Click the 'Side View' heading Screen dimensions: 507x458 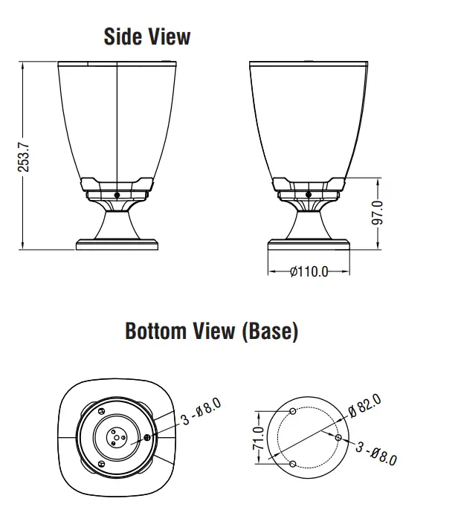point(146,36)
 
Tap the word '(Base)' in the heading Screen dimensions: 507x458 point(270,331)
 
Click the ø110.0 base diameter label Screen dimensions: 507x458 point(309,271)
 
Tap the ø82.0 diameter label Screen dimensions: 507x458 point(364,405)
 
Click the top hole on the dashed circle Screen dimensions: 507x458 point(293,411)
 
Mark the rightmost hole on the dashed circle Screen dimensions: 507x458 point(338,438)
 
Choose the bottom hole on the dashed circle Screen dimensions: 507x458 point(293,464)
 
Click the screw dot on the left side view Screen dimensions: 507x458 point(117,195)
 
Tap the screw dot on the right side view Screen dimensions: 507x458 point(309,195)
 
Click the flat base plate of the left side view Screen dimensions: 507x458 point(117,243)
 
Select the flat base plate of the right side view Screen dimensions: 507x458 point(309,243)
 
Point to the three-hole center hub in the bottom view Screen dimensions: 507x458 point(116,437)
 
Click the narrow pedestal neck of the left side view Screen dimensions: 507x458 point(117,221)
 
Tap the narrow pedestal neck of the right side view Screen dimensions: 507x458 point(309,221)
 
